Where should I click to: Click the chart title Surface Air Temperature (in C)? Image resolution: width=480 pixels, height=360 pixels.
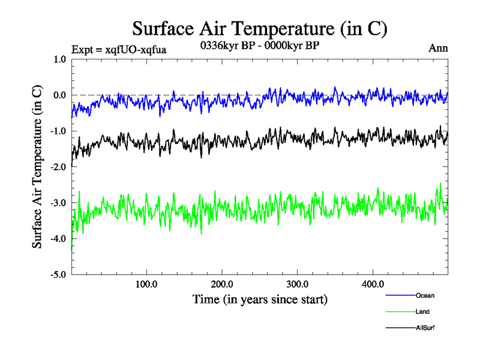click(x=259, y=28)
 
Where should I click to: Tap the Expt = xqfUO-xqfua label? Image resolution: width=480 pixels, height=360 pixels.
click(x=118, y=49)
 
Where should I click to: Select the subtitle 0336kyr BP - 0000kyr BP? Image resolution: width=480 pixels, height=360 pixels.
click(x=259, y=45)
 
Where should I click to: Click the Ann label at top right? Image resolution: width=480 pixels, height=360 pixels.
click(x=438, y=48)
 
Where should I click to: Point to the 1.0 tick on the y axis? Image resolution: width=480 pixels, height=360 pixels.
click(x=59, y=59)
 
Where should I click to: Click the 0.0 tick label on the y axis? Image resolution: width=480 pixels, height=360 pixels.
click(x=59, y=95)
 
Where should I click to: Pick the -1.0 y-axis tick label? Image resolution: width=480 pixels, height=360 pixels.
click(x=58, y=131)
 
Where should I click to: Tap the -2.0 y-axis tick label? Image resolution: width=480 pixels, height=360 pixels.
click(x=58, y=167)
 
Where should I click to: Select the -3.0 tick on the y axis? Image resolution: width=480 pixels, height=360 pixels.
click(x=58, y=203)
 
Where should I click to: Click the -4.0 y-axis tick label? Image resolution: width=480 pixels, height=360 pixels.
click(x=58, y=239)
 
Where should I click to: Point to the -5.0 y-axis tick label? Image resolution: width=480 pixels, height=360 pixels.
click(x=58, y=275)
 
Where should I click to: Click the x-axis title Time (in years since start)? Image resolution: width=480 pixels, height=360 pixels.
click(x=260, y=298)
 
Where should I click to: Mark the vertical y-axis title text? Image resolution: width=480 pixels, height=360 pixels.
click(x=37, y=167)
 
